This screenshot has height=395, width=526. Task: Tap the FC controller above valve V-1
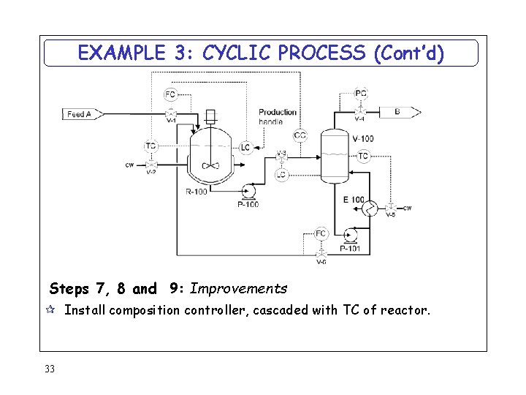170,94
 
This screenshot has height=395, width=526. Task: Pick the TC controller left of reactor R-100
150,146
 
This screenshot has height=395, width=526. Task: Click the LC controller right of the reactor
245,148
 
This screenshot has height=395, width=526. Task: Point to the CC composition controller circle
300,135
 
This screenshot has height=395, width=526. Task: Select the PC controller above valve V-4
361,93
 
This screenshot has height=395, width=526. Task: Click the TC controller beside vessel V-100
363,156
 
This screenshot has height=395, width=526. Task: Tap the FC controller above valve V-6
321,233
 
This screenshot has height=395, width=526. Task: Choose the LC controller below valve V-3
281,175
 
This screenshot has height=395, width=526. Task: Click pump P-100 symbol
248,192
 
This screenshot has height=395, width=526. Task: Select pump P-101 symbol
351,235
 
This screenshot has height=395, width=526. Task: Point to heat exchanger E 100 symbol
370,208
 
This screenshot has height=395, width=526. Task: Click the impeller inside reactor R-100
210,165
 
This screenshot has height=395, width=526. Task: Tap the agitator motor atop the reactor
210,115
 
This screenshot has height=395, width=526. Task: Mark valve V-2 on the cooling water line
150,165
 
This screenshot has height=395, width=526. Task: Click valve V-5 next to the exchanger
391,208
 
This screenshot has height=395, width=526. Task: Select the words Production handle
278,116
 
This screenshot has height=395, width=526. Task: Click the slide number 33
50,369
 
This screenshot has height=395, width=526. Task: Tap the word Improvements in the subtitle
238,288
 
